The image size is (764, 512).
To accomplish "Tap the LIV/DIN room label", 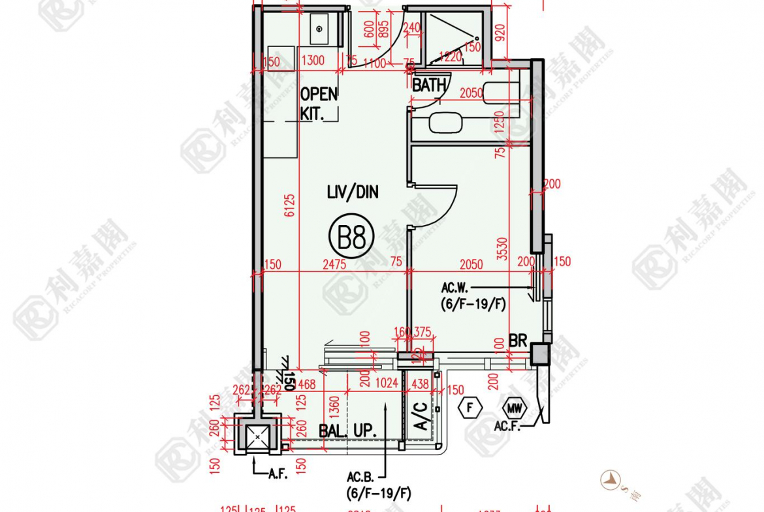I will (x=353, y=192).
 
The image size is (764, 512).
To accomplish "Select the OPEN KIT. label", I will (x=319, y=103).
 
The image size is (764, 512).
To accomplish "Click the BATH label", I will (x=429, y=85).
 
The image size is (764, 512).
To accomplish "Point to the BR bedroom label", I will (x=518, y=341).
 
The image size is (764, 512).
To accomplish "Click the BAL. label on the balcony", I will (x=333, y=430).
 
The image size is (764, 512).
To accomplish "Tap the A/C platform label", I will (x=421, y=415).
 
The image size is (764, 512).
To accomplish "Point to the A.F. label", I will (x=278, y=474).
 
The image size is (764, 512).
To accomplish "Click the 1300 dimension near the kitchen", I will (x=313, y=61).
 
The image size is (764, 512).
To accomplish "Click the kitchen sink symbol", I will (x=319, y=29).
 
